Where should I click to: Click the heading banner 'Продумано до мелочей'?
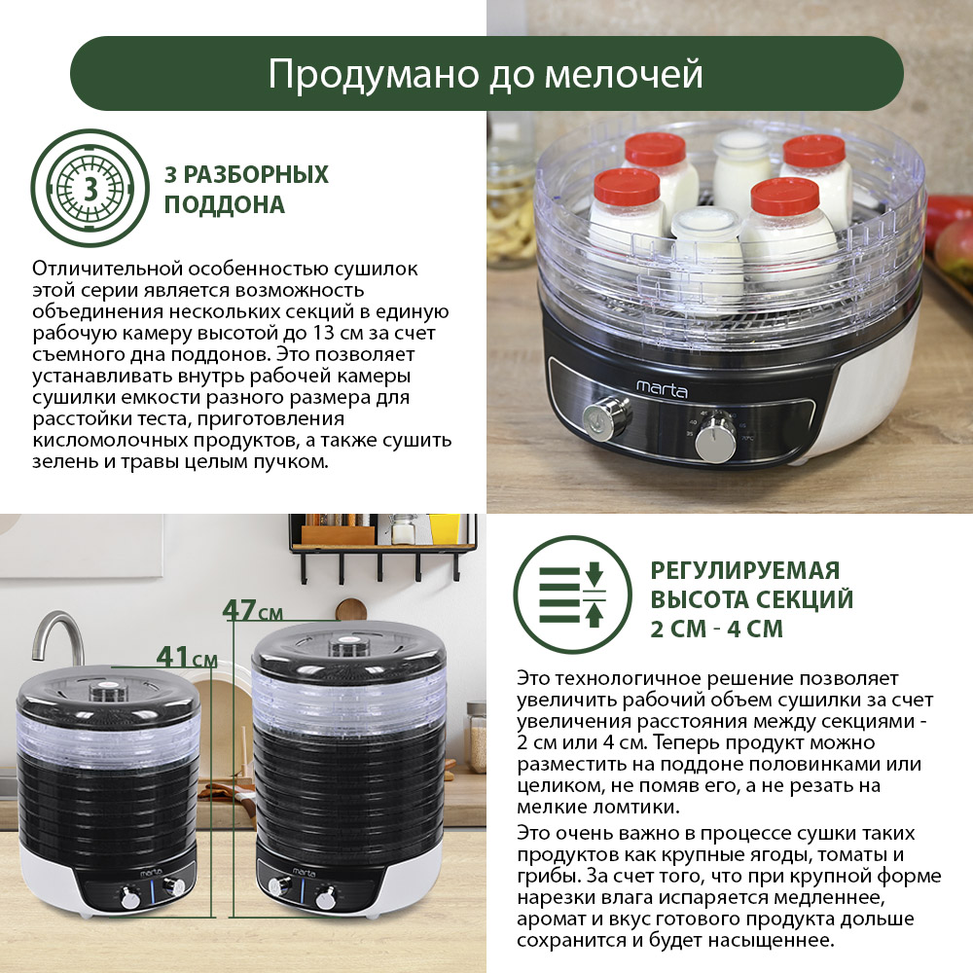point(486,75)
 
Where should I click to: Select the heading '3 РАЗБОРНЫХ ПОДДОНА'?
point(246,190)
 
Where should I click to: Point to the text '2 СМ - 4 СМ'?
point(716,629)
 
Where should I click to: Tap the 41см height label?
point(187,658)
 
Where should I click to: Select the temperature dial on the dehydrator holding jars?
point(717,441)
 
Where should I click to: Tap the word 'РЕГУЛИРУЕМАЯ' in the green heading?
point(744,570)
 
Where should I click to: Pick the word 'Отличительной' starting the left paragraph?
point(92,268)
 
